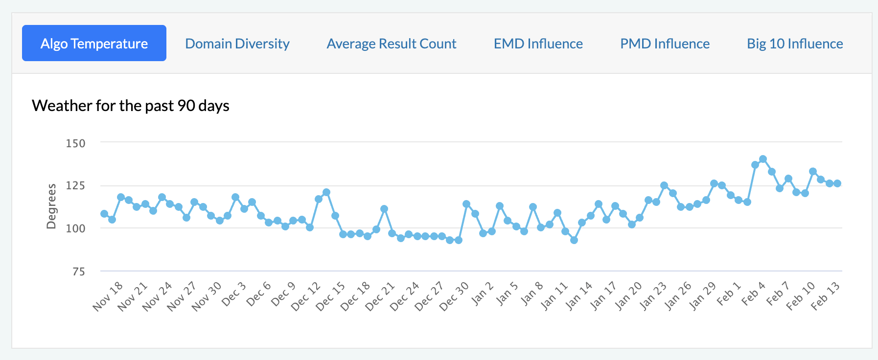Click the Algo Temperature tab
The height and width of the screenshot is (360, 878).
click(x=94, y=44)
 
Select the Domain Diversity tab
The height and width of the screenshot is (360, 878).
click(x=237, y=44)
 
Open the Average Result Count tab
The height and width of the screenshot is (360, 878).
click(x=392, y=44)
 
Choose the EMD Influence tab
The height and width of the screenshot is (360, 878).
click(x=538, y=44)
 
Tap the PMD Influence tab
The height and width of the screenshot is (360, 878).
click(x=665, y=44)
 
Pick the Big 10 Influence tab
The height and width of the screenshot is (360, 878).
click(x=795, y=44)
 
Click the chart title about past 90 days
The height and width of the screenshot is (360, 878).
click(x=131, y=106)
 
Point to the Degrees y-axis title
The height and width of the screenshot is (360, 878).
click(x=51, y=206)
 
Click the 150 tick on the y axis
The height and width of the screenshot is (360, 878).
click(x=75, y=143)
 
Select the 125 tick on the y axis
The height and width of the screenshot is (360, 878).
click(x=75, y=185)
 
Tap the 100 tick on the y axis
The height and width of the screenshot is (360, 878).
click(x=75, y=228)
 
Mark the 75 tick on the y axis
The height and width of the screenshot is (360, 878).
click(x=78, y=271)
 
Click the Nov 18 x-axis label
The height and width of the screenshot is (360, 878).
click(x=108, y=296)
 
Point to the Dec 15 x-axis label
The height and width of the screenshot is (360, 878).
click(x=330, y=296)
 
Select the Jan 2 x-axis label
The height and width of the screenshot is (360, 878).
click(x=483, y=293)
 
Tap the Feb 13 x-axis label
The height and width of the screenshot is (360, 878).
click(x=825, y=296)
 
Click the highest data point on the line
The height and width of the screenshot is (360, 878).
click(x=763, y=159)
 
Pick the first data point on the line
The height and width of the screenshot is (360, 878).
click(x=104, y=214)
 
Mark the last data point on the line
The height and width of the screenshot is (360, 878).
click(x=837, y=183)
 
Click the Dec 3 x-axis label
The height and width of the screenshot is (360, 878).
click(x=234, y=294)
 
